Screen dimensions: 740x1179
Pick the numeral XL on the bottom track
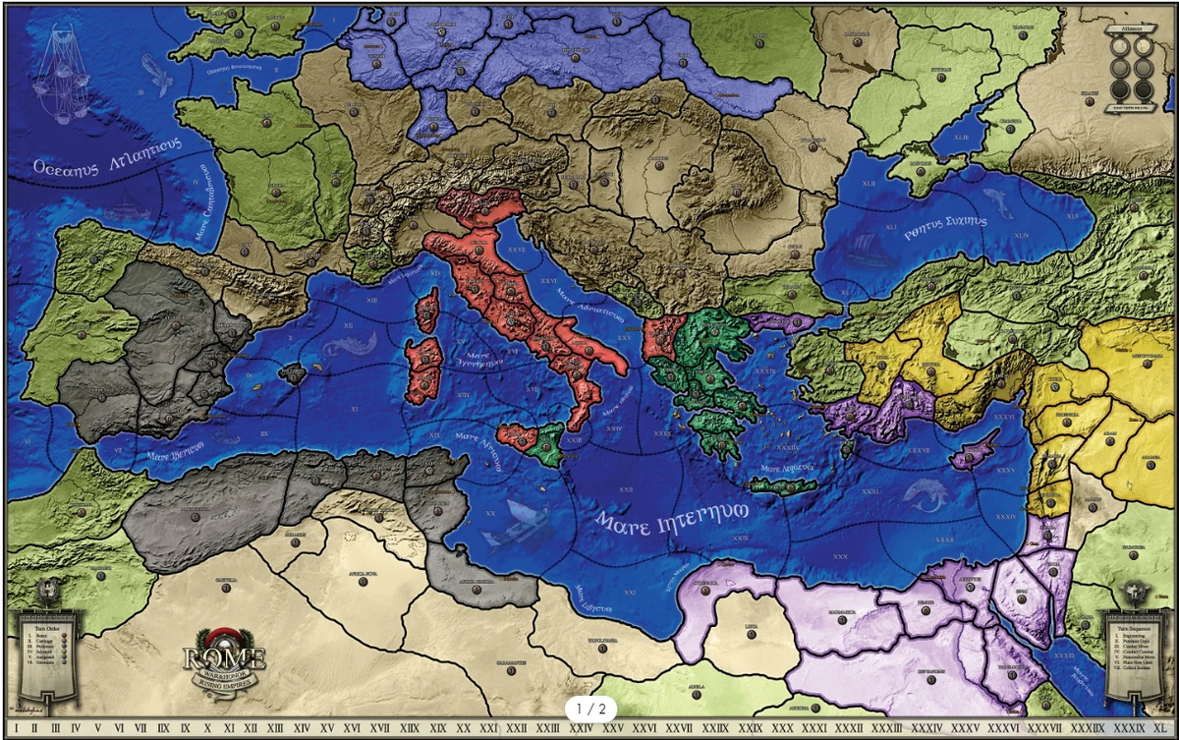1160,727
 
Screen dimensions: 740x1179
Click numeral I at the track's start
16,727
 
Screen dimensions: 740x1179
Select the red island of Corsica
428,310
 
